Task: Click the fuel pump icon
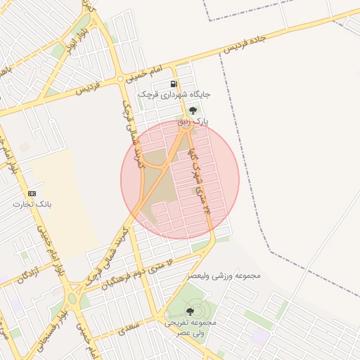(173, 83)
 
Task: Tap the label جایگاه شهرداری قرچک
(174, 94)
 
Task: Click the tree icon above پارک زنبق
(192, 110)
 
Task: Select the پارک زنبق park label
(193, 122)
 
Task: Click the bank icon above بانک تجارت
(32, 193)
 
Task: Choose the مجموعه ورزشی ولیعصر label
(223, 276)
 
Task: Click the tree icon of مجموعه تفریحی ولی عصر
(190, 311)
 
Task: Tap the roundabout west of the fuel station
(124, 78)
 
